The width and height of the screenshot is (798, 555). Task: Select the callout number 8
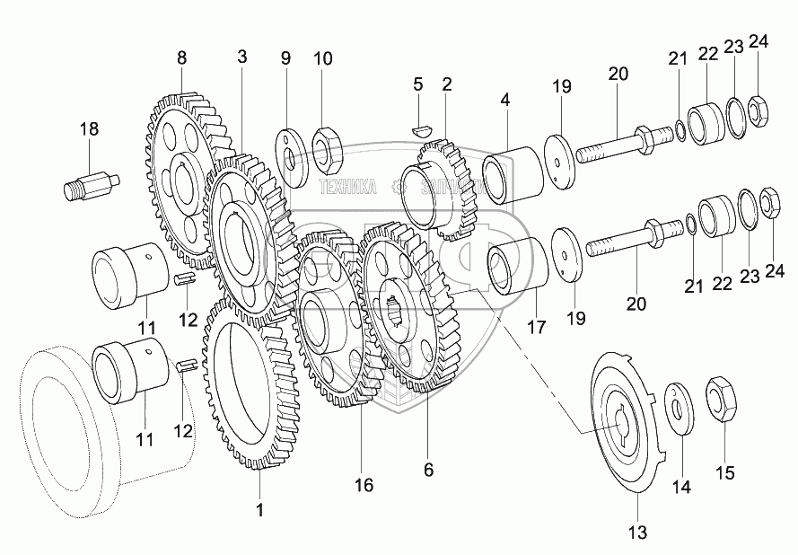click(x=182, y=57)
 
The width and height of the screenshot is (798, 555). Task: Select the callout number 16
click(x=363, y=486)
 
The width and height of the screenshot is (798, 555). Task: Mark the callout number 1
click(x=260, y=511)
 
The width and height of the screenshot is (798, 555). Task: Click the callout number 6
click(x=428, y=470)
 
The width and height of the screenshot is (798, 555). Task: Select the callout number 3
click(x=241, y=57)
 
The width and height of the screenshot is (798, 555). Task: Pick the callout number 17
click(x=536, y=328)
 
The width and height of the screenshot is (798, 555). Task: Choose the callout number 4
click(x=506, y=101)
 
